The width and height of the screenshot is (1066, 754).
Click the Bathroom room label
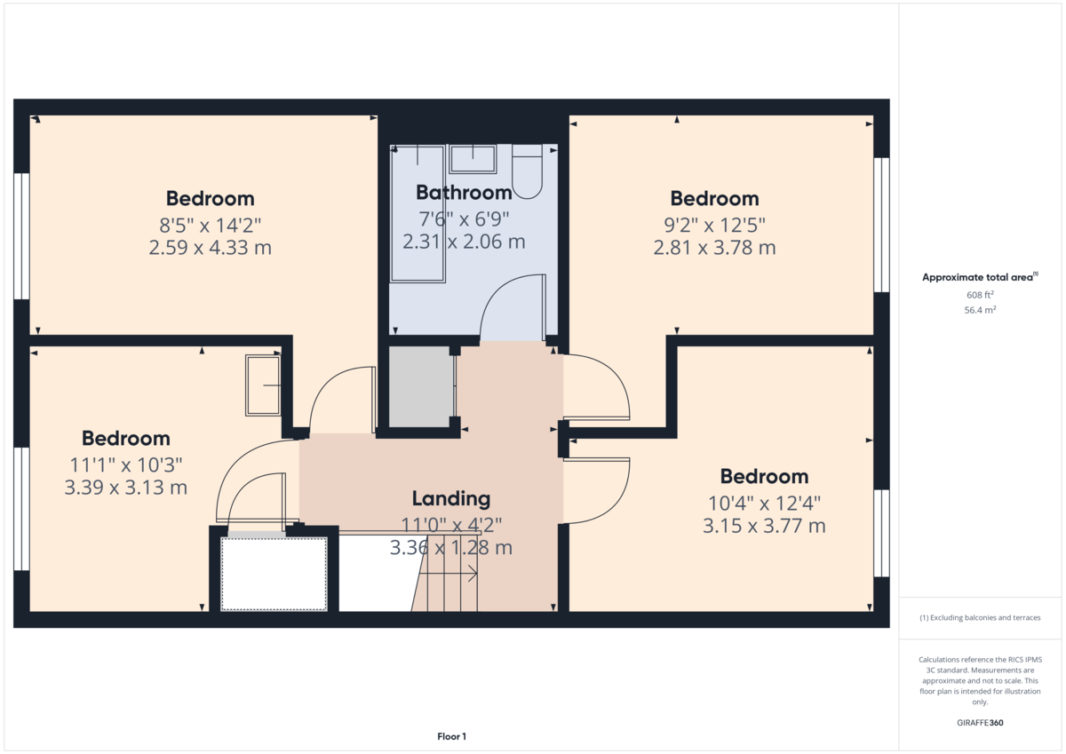[464, 193]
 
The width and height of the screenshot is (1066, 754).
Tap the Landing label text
[451, 498]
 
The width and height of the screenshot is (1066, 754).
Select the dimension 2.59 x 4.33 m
[211, 248]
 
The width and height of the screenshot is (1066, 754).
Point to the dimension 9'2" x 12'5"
[715, 225]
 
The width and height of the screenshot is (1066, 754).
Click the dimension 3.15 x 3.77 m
[764, 526]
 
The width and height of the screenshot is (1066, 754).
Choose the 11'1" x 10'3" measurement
[126, 464]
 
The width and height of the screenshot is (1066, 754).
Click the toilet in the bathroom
[528, 171]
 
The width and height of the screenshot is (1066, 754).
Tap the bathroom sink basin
[473, 159]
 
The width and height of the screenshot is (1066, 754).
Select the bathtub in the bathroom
[418, 214]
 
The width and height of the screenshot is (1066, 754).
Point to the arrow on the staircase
[449, 573]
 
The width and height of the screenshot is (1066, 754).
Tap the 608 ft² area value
[980, 295]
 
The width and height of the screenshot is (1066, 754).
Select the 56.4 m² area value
[980, 310]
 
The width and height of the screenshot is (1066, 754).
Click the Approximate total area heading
[980, 277]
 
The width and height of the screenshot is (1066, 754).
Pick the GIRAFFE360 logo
[980, 723]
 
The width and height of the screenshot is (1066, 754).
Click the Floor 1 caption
[451, 736]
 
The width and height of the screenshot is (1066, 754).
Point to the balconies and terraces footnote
[980, 617]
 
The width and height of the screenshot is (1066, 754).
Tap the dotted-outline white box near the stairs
[274, 574]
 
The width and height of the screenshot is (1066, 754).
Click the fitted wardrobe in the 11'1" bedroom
[263, 385]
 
